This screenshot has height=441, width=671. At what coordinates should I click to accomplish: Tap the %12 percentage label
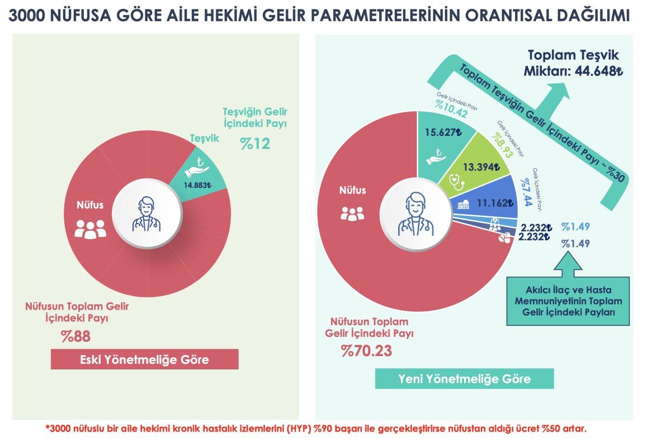255,144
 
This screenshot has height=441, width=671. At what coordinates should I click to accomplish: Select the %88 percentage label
75,336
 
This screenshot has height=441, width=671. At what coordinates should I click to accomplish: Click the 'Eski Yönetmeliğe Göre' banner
144,359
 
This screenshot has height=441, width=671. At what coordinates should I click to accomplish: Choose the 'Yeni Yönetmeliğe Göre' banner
464,378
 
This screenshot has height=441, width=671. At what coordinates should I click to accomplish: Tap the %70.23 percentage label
366,352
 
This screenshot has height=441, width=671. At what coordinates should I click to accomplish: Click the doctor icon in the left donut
147,214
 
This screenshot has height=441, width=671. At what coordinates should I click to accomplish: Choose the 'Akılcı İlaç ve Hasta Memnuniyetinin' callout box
567,301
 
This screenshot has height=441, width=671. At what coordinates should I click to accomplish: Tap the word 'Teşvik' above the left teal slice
205,137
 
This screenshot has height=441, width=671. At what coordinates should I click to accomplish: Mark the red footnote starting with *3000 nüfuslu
316,429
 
